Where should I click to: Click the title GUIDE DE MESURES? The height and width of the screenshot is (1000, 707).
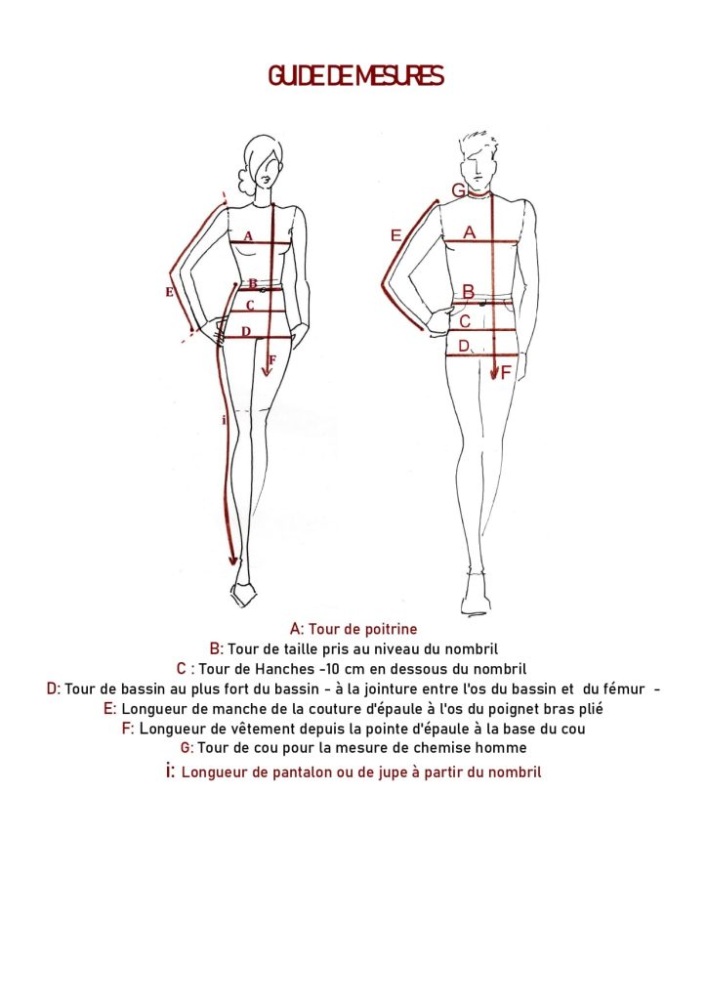(x=355, y=76)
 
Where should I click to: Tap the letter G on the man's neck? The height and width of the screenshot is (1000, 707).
(x=458, y=190)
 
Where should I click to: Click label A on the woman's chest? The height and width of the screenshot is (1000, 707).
(x=248, y=235)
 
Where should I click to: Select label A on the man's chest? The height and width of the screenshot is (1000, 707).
(x=469, y=232)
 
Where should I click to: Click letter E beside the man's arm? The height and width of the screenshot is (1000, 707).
(x=395, y=235)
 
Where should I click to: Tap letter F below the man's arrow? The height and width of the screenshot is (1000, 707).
(x=506, y=372)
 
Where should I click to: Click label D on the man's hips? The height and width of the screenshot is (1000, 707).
(x=464, y=346)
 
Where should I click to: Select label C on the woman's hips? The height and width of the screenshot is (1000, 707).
(x=250, y=306)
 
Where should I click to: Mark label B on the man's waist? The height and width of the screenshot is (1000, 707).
(x=468, y=291)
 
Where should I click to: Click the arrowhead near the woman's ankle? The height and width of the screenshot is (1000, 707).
(x=232, y=560)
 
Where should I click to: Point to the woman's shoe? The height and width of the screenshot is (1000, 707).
(x=243, y=593)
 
